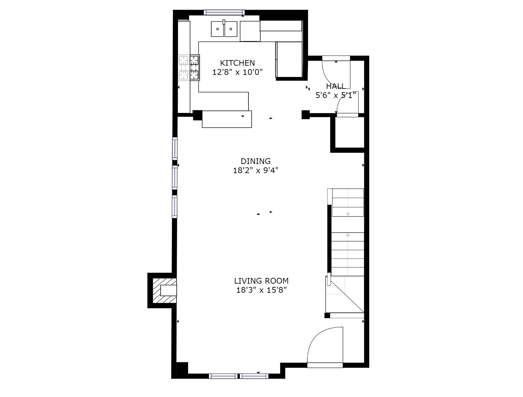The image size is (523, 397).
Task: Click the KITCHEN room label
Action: click(237, 63)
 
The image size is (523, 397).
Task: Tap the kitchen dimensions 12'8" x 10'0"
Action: click(237, 72)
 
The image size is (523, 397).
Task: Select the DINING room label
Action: click(256, 161)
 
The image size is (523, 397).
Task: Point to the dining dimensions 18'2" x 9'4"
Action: click(256, 170)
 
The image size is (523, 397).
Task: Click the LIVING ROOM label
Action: click(261, 281)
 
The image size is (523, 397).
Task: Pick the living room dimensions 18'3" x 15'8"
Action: click(261, 290)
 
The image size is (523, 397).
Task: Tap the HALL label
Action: click(335, 86)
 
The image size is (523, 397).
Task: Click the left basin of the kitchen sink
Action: click(218, 29)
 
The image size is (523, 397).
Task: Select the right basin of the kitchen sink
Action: click(231, 29)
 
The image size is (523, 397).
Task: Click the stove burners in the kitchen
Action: click(189, 68)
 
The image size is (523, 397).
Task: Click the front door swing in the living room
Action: click(325, 345)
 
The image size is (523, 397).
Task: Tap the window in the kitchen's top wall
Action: click(224, 12)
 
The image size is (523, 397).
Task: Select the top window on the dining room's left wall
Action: click(175, 149)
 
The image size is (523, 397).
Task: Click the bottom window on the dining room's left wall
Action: click(175, 206)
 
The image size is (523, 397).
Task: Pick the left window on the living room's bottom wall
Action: click(223, 376)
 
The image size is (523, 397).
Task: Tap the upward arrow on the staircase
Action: click(348, 235)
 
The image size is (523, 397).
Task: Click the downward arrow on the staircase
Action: click(348, 214)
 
